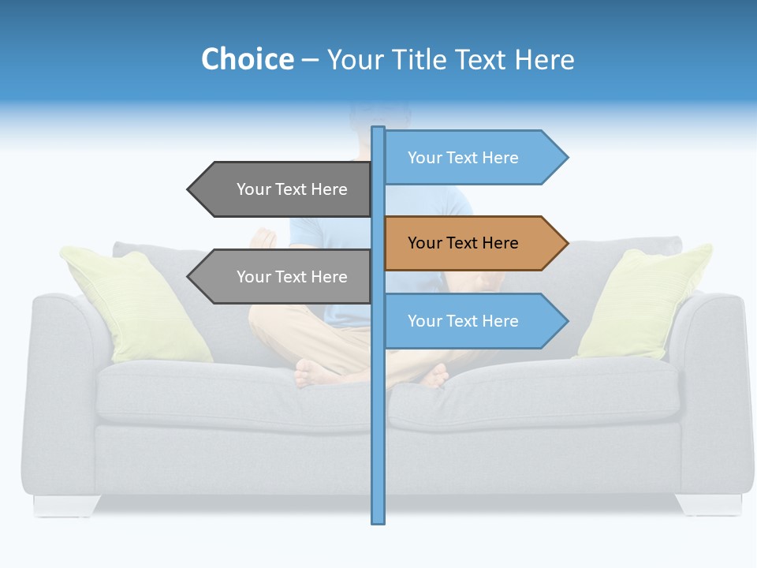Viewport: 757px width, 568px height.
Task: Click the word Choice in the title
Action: [x=247, y=59]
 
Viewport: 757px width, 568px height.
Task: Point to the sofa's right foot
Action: [x=707, y=504]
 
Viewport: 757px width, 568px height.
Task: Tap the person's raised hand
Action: [x=263, y=238]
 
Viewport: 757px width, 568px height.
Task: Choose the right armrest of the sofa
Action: [x=714, y=379]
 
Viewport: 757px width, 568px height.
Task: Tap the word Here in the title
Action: [x=544, y=59]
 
